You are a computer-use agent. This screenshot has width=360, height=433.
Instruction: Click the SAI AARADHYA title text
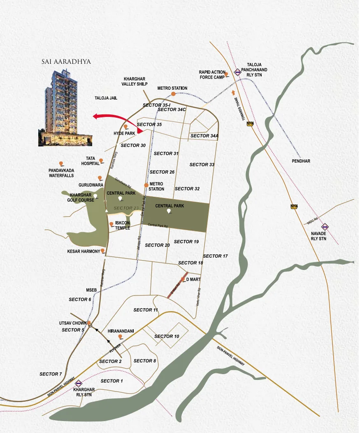pyautogui.click(x=66, y=62)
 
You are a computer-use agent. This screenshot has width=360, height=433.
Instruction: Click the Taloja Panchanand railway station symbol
pyautogui.click(x=237, y=72)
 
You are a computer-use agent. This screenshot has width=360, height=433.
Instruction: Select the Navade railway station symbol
pyautogui.click(x=325, y=226)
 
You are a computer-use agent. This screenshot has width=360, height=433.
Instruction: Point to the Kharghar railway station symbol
pyautogui.click(x=79, y=384)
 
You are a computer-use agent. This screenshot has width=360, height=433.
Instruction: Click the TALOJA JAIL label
pyautogui.click(x=106, y=98)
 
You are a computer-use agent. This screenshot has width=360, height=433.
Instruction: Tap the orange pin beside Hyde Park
pyautogui.click(x=126, y=127)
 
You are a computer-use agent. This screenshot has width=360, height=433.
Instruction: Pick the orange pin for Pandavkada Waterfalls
pyautogui.click(x=61, y=164)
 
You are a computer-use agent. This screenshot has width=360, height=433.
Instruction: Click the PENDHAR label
pyautogui.click(x=301, y=161)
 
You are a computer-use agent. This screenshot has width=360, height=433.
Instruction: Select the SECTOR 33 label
pyautogui.click(x=202, y=165)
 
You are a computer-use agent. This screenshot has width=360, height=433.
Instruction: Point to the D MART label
pyautogui.click(x=193, y=279)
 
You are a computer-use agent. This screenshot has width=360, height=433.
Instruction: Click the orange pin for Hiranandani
pyautogui.click(x=120, y=337)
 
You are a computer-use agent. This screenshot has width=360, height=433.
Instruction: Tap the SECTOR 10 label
pyautogui.click(x=167, y=336)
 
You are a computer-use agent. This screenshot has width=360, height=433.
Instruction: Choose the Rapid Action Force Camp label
pyautogui.click(x=212, y=74)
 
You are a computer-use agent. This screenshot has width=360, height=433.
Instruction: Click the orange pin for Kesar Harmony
pyautogui.click(x=102, y=251)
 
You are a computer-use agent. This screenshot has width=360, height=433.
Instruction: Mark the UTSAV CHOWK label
pyautogui.click(x=72, y=323)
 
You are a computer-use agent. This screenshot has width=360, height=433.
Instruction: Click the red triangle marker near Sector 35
pyautogui.click(x=140, y=131)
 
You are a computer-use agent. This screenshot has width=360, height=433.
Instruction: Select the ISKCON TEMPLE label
pyautogui.click(x=123, y=225)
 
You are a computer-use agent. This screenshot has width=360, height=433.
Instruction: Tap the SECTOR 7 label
pyautogui.click(x=51, y=374)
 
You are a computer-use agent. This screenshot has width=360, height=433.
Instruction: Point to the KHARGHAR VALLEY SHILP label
pyautogui.click(x=134, y=81)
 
